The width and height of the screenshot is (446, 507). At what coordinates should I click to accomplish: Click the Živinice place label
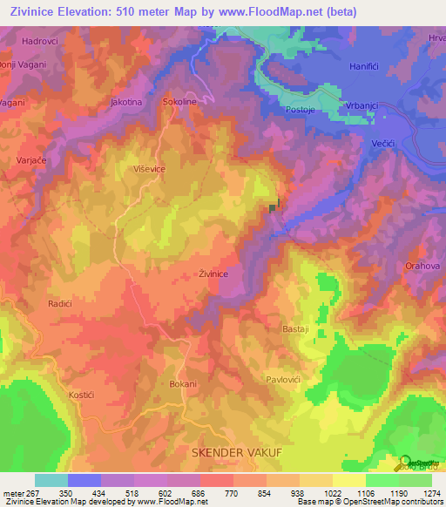coord(213,274)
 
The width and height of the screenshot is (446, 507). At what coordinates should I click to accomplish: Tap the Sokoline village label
coord(179,102)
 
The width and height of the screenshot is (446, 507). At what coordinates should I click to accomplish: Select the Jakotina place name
coord(126,102)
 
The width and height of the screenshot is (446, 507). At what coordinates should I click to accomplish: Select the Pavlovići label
coord(288,380)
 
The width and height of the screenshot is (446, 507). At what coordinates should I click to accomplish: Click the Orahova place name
coord(425,266)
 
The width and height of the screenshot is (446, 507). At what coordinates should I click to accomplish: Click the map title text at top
coord(183,11)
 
